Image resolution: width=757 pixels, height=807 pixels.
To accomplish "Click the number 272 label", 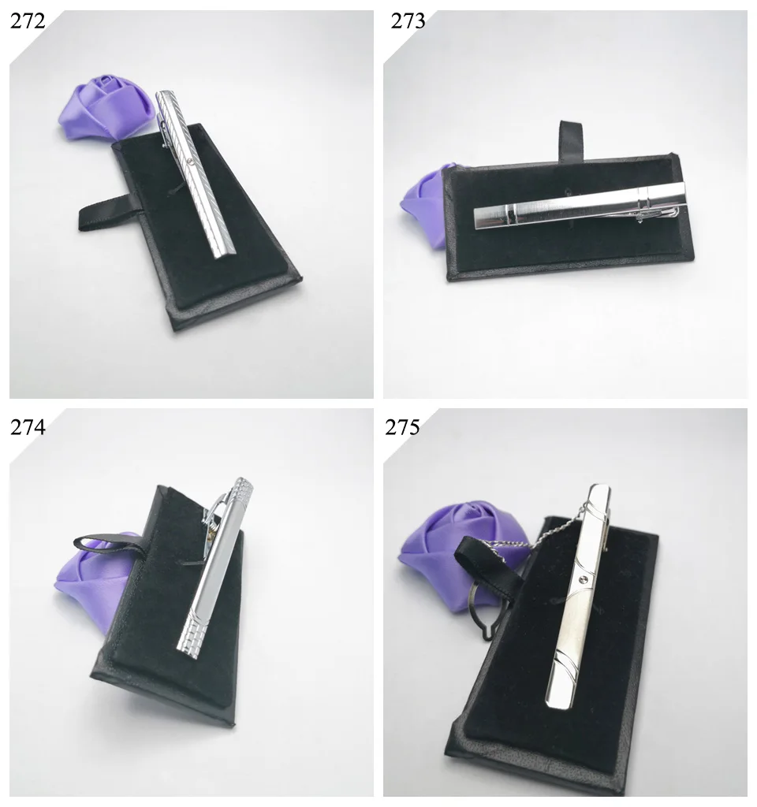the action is [x=28, y=21].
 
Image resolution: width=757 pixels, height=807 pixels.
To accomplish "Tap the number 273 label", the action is [x=408, y=21].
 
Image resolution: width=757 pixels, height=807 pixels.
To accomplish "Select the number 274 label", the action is [x=28, y=427].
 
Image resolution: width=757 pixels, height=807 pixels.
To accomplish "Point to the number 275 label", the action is [x=402, y=427].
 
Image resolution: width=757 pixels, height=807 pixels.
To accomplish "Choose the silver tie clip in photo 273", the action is [x=580, y=206].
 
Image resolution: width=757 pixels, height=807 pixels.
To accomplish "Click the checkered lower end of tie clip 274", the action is [x=193, y=631].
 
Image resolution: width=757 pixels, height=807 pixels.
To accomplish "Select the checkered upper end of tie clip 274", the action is [x=243, y=491].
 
